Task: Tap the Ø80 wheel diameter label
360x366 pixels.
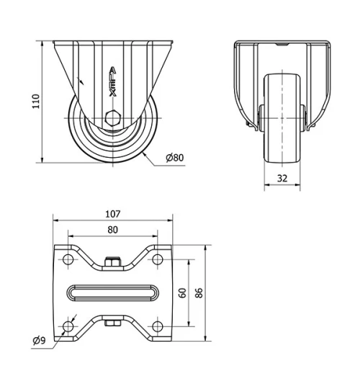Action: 175,158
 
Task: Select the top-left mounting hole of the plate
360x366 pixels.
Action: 68,259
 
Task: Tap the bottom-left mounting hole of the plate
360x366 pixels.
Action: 68,327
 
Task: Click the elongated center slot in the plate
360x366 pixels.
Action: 112,293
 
